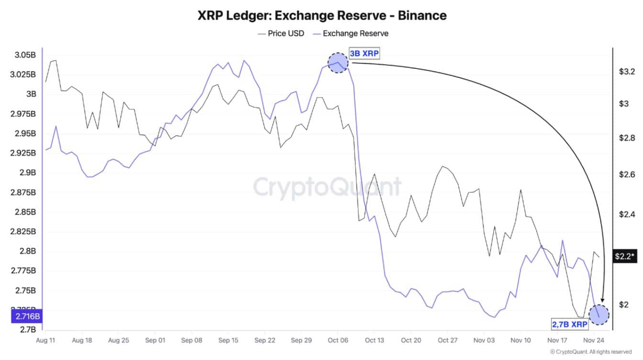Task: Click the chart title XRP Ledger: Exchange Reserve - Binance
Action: pyautogui.click(x=321, y=15)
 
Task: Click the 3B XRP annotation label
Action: pyautogui.click(x=364, y=54)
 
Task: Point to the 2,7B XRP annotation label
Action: pyautogui.click(x=570, y=325)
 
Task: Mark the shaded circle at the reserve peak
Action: pyautogui.click(x=338, y=63)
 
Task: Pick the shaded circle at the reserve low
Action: pyautogui.click(x=599, y=315)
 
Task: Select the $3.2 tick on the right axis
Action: pyautogui.click(x=627, y=72)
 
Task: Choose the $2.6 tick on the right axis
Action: pyautogui.click(x=627, y=174)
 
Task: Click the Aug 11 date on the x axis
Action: pyautogui.click(x=45, y=340)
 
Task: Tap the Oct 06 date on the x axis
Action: pyautogui.click(x=337, y=340)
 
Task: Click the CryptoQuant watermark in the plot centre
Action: pyautogui.click(x=327, y=187)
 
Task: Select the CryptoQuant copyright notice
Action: pyautogui.click(x=594, y=352)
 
